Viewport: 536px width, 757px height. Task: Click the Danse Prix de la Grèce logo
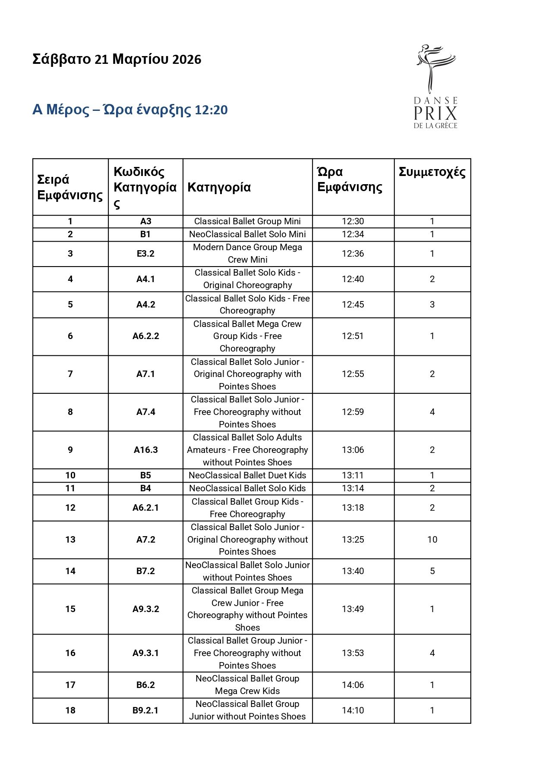pos(435,87)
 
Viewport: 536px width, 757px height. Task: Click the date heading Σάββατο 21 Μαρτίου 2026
pos(117,59)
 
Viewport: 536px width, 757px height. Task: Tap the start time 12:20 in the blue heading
pos(211,110)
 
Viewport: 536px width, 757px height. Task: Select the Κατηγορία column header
pos(219,187)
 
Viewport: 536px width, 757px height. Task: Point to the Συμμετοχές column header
pos(432,172)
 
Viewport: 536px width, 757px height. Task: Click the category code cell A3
pos(146,221)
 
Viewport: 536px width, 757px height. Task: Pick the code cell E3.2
pos(146,254)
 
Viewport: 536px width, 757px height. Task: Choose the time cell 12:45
pos(353,305)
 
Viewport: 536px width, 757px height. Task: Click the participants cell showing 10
pos(432,540)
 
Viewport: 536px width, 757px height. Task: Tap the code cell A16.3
pos(146,450)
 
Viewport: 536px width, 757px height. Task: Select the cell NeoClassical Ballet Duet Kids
pos(247,475)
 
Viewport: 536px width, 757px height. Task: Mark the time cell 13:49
pos(353,609)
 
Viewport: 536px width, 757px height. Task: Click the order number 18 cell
pos(70,710)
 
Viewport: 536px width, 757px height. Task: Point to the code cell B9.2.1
pos(146,710)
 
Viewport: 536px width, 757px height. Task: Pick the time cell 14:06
pos(353,685)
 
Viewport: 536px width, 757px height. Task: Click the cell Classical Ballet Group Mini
pos(247,221)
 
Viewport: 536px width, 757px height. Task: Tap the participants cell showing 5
pos(432,571)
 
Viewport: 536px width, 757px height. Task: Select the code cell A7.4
pos(146,412)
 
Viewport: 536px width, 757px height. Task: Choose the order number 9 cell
pos(70,450)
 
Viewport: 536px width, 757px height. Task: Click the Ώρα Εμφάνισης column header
pos(350,179)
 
